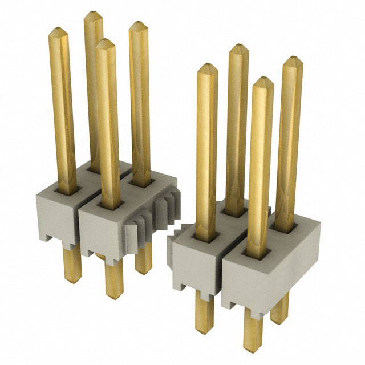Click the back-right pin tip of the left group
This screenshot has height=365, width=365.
[137, 26]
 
